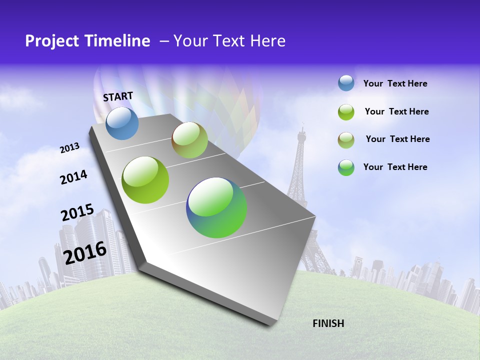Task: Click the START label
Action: [118, 96]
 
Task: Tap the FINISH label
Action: [328, 323]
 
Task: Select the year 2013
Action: [70, 148]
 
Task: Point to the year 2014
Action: [73, 177]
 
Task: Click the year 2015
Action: [77, 212]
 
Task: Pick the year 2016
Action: [85, 253]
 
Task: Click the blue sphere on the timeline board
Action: [122, 123]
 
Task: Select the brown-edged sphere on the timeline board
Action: [189, 140]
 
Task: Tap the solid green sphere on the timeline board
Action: [145, 180]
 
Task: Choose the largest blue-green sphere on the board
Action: [216, 207]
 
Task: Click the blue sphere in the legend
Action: [346, 83]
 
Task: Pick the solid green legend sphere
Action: [346, 112]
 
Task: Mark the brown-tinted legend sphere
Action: [346, 140]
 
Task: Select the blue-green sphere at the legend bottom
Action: [346, 167]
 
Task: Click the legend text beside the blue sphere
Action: [395, 84]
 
